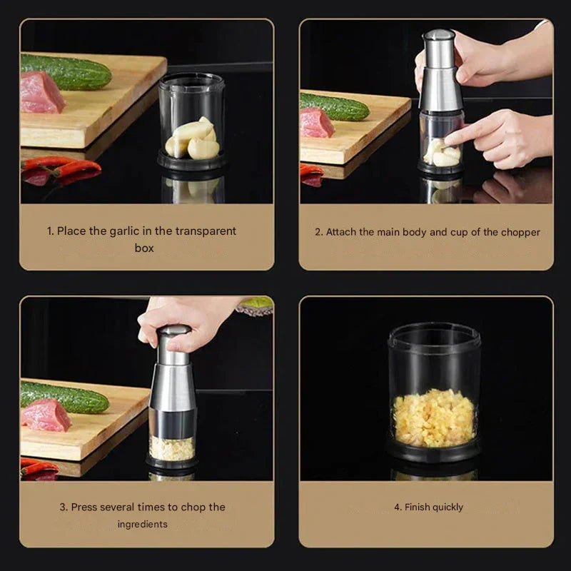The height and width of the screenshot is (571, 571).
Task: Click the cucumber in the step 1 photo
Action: [x=68, y=72]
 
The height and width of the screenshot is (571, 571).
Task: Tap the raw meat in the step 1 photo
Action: [x=41, y=93]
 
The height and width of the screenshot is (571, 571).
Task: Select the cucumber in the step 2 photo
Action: [x=335, y=107]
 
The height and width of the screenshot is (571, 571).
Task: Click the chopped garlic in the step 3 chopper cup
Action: [x=171, y=448]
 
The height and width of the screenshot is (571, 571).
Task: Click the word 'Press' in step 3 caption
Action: [x=84, y=507]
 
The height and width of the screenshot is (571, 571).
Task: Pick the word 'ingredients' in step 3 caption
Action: [x=143, y=524]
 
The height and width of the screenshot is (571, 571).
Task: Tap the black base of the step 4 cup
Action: [x=434, y=451]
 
